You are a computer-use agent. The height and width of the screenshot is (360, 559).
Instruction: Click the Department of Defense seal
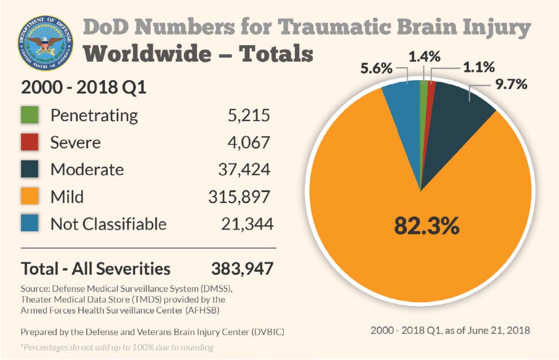pos(44,44)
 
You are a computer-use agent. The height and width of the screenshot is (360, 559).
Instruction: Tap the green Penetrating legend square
pos(30,115)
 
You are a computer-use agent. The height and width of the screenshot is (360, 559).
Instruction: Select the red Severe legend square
pos(30,142)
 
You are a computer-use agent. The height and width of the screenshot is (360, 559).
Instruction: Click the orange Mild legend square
pos(30,196)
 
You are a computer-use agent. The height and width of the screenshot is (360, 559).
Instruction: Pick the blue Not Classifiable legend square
pos(30,223)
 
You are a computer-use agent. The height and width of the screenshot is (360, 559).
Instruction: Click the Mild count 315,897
pos(239,196)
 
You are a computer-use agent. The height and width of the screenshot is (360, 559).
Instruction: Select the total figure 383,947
pos(242,268)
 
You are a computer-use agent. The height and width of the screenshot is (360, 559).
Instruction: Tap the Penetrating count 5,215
pos(248,115)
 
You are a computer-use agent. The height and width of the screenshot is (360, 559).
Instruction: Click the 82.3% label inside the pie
pos(426,225)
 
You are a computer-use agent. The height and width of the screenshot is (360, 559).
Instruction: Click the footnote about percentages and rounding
pos(117,347)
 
